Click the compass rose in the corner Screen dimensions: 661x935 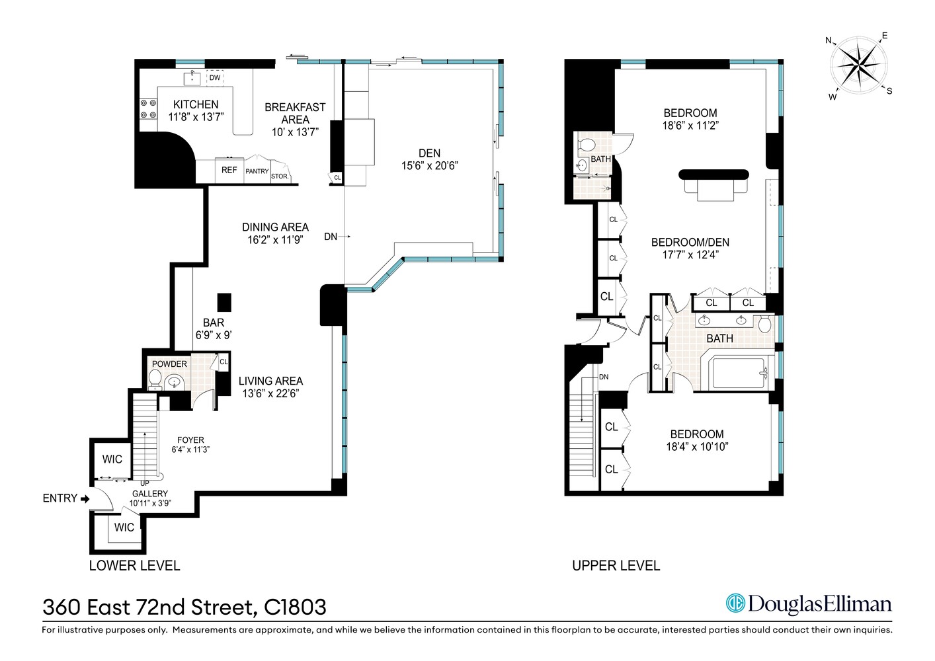[859, 65]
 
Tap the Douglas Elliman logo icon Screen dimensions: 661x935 [735, 603]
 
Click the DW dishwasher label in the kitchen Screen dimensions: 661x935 [215, 78]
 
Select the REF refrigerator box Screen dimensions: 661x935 [229, 171]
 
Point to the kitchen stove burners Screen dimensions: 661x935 [148, 109]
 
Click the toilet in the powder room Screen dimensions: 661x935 [155, 379]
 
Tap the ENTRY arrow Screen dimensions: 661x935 [85, 499]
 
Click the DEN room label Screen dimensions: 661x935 [429, 153]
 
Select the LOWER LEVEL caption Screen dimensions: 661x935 [134, 566]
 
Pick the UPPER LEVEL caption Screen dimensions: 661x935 [616, 566]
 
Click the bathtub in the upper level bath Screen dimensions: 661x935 [738, 374]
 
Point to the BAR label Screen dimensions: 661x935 [214, 323]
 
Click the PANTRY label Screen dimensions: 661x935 [257, 171]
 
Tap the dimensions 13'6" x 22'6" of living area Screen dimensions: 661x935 [270, 393]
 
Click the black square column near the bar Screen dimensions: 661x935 [225, 302]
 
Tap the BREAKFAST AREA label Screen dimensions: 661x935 [295, 113]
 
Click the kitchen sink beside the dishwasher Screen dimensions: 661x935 [192, 77]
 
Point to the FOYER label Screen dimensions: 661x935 [190, 440]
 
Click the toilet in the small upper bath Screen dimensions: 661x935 [587, 144]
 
